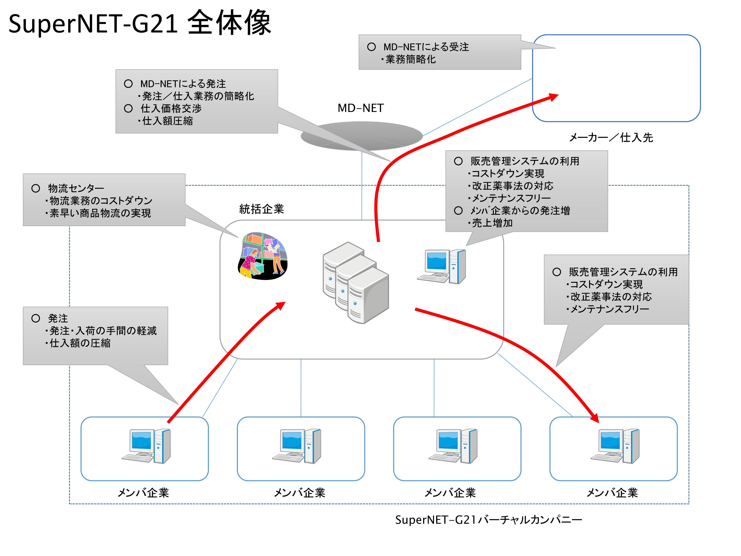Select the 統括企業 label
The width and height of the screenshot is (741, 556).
[x=261, y=209]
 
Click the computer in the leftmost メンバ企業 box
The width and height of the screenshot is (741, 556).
[x=146, y=446]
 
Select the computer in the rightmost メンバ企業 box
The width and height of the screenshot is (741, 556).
[x=615, y=446]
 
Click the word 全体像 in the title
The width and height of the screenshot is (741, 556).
[x=229, y=23]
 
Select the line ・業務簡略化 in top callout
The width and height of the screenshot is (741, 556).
[x=409, y=59]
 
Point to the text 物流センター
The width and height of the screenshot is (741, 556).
[x=76, y=188]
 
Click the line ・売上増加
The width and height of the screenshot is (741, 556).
[x=491, y=223]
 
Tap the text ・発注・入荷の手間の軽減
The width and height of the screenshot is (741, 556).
[x=101, y=331]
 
